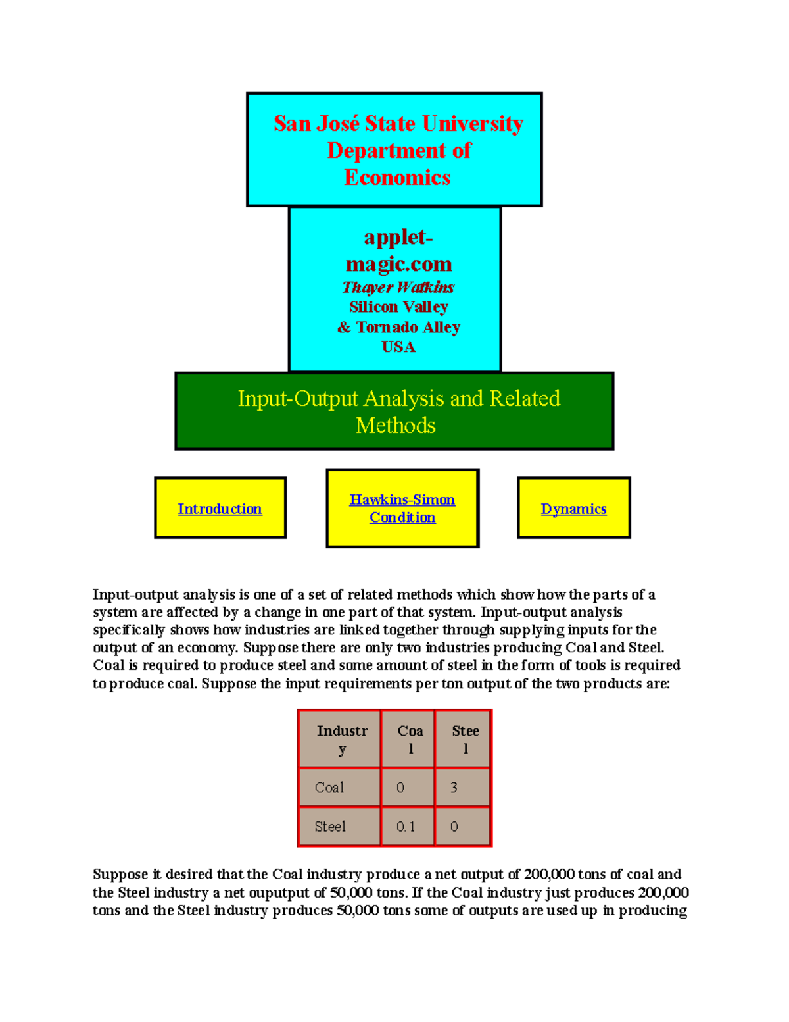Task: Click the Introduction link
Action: (x=220, y=509)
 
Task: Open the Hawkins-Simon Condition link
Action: (x=402, y=508)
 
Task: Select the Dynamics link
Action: (x=573, y=509)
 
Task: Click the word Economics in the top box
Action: (x=397, y=178)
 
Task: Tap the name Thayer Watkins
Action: (x=398, y=287)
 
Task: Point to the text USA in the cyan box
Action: (x=398, y=347)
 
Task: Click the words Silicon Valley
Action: (x=398, y=307)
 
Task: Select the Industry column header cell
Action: (x=341, y=739)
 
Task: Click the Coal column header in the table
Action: (x=410, y=739)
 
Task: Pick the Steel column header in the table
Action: (x=465, y=739)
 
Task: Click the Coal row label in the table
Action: (x=329, y=788)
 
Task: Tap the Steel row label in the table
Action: (x=329, y=827)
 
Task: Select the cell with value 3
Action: (x=454, y=788)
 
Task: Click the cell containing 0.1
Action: (x=406, y=827)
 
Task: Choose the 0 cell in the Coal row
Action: (x=400, y=788)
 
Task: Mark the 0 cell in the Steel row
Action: (x=454, y=827)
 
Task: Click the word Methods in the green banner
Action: (x=395, y=426)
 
